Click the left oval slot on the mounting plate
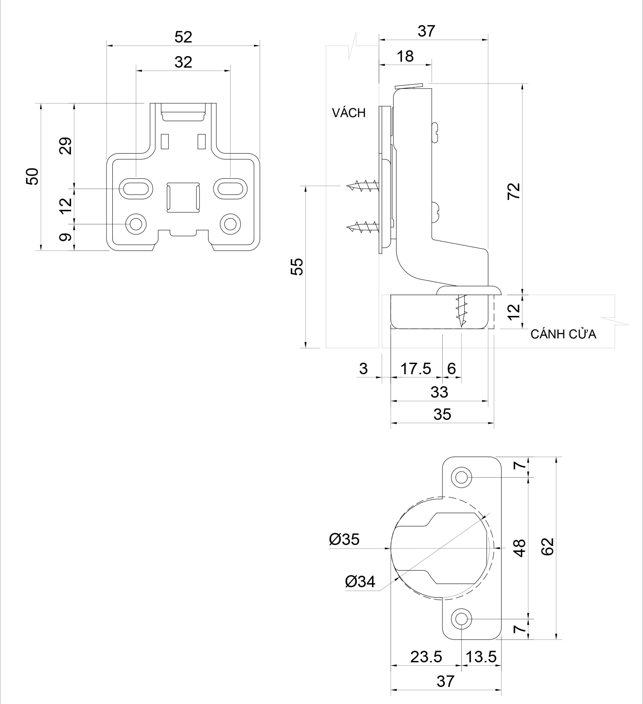coord(136,189)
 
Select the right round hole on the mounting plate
coord(230,224)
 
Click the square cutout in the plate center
coord(183,197)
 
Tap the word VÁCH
coord(348,113)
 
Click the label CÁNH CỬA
coord(563,334)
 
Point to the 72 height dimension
coord(514,191)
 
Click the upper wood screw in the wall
coord(363,186)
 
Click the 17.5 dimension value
coord(416,369)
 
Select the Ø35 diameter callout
coord(344,540)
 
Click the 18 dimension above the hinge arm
coord(405,56)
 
